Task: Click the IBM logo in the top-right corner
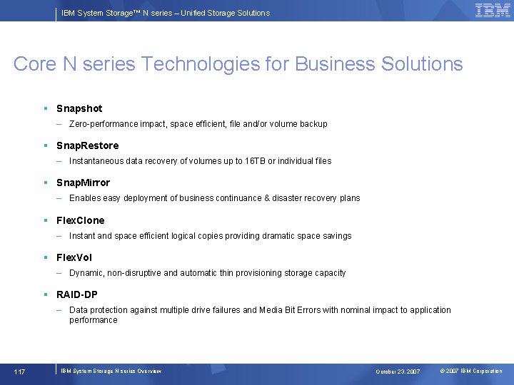(x=493, y=11)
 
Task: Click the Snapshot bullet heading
(x=79, y=108)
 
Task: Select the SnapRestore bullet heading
(x=88, y=145)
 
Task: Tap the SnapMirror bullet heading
(x=84, y=183)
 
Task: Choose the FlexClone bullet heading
(x=81, y=220)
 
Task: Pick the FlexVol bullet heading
(x=74, y=257)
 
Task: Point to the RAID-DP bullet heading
(x=77, y=294)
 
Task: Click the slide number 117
(x=19, y=371)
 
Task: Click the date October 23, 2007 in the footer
(x=398, y=371)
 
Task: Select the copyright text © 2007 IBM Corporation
(x=471, y=371)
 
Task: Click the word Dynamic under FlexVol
(x=86, y=273)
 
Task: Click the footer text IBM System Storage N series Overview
(x=111, y=371)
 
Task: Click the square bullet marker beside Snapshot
(x=45, y=108)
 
